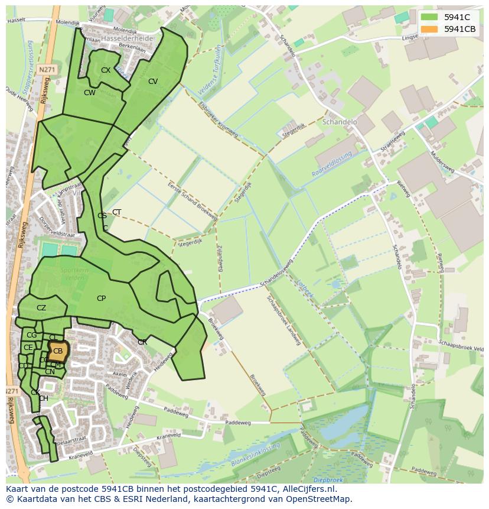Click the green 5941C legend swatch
click(429, 17)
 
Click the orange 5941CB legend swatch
click(429, 29)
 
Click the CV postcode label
click(153, 82)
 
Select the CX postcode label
click(106, 70)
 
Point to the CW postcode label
click(90, 93)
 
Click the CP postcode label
click(101, 299)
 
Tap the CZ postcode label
click(41, 308)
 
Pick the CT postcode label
click(117, 212)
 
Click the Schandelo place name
click(340, 122)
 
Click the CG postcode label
click(32, 335)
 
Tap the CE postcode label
click(28, 348)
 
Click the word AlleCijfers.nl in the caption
click(307, 489)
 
